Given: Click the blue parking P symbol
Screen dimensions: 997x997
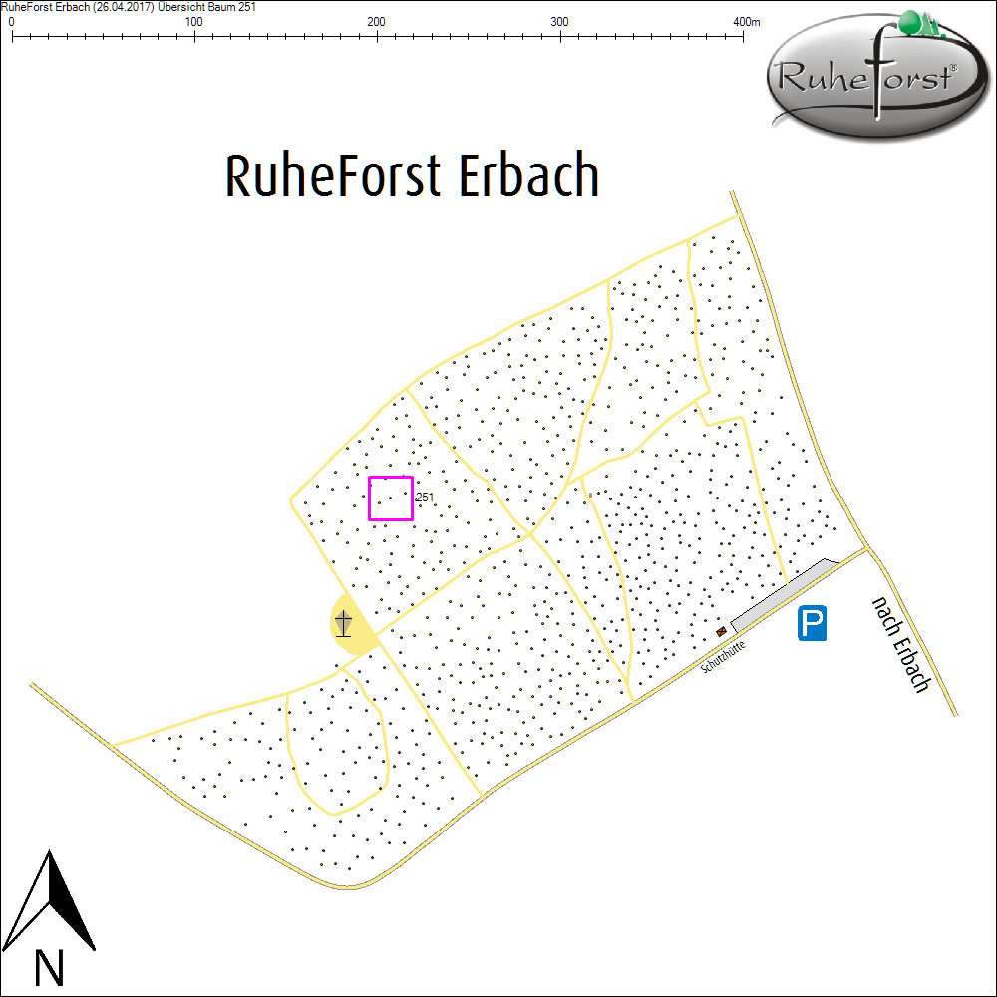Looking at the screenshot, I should pyautogui.click(x=814, y=624).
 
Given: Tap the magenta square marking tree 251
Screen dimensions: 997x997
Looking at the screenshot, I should pyautogui.click(x=391, y=498).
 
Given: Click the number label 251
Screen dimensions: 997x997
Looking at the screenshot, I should pyautogui.click(x=425, y=497).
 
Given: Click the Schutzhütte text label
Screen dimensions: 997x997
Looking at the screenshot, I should pyautogui.click(x=724, y=657).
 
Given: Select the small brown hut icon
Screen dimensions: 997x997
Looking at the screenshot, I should pyautogui.click(x=721, y=631).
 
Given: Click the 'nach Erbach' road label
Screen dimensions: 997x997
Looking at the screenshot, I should pyautogui.click(x=901, y=645).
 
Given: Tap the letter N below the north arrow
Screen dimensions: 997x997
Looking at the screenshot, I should pyautogui.click(x=49, y=966).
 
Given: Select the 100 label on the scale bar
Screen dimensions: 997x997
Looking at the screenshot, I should pyautogui.click(x=193, y=22).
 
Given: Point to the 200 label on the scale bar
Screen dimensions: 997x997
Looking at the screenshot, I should pyautogui.click(x=377, y=22).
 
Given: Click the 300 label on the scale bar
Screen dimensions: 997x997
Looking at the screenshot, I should pyautogui.click(x=560, y=22).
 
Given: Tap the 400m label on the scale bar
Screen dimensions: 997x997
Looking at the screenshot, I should pyautogui.click(x=746, y=22).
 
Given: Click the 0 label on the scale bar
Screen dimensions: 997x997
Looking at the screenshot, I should pyautogui.click(x=11, y=22).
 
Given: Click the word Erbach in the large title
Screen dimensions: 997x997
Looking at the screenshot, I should pyautogui.click(x=528, y=176).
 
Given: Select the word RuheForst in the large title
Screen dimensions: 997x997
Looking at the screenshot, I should pyautogui.click(x=332, y=176).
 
